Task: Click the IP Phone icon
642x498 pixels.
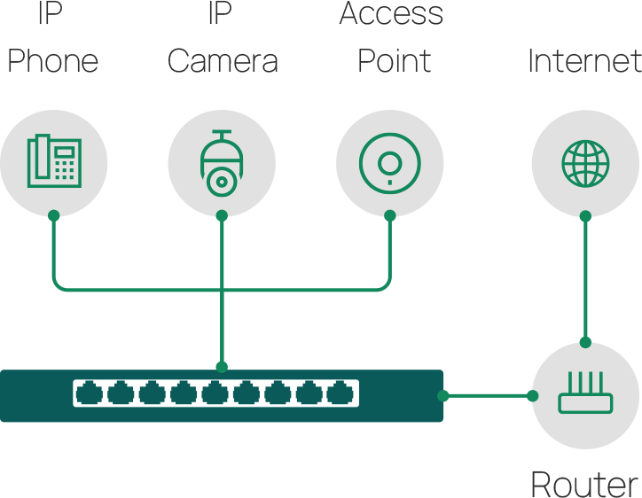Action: pyautogui.click(x=53, y=162)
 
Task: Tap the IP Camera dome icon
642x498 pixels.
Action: pyautogui.click(x=221, y=162)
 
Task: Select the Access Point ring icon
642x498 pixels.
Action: pyautogui.click(x=389, y=162)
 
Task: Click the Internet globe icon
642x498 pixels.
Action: pyautogui.click(x=585, y=162)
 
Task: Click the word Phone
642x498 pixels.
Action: pyautogui.click(x=53, y=61)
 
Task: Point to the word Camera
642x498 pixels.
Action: pyautogui.click(x=222, y=61)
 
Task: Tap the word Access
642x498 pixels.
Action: pyautogui.click(x=391, y=14)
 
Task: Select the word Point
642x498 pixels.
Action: pyautogui.click(x=394, y=61)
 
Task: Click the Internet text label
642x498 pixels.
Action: pyautogui.click(x=583, y=61)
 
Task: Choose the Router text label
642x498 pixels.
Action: pyautogui.click(x=583, y=484)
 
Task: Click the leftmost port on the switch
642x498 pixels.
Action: pyautogui.click(x=90, y=393)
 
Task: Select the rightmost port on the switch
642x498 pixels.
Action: pyautogui.click(x=340, y=393)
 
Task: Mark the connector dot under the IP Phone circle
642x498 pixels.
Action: pyautogui.click(x=53, y=215)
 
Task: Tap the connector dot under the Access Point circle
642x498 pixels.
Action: pyautogui.click(x=389, y=215)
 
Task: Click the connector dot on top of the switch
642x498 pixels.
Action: pyautogui.click(x=221, y=366)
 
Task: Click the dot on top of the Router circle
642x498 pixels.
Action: pyautogui.click(x=585, y=342)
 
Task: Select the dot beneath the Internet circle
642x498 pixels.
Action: pyautogui.click(x=585, y=215)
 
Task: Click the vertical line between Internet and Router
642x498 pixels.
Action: pyautogui.click(x=585, y=279)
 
